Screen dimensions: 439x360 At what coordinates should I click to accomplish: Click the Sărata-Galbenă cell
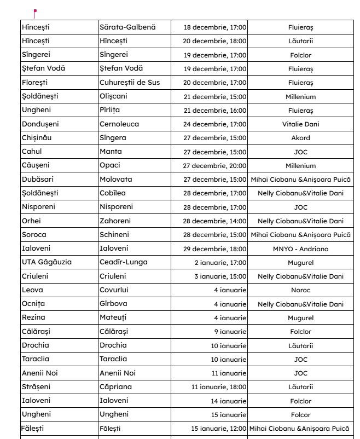[x=127, y=27]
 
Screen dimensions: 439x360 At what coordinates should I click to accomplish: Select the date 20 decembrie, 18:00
[x=214, y=41]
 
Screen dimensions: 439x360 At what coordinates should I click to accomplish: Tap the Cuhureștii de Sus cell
[x=130, y=83]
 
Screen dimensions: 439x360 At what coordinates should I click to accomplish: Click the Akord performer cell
[x=300, y=138]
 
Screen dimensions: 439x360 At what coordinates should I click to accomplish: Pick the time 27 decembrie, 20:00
[x=214, y=166]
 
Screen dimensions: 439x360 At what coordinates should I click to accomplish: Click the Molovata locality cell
[x=115, y=180]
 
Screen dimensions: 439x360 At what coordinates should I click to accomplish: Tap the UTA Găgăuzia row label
[x=47, y=262]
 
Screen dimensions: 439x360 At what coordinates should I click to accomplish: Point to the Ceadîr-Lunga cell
[x=123, y=262]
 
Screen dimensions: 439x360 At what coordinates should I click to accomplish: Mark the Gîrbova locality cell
[x=113, y=304]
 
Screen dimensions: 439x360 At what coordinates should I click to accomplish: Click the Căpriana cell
[x=115, y=387]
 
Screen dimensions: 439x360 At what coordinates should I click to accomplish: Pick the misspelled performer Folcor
[x=300, y=415]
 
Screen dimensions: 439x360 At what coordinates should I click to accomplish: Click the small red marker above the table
[x=35, y=11]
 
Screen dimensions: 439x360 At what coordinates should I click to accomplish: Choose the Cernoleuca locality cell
[x=119, y=124]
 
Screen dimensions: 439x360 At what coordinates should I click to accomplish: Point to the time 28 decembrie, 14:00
[x=214, y=221]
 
